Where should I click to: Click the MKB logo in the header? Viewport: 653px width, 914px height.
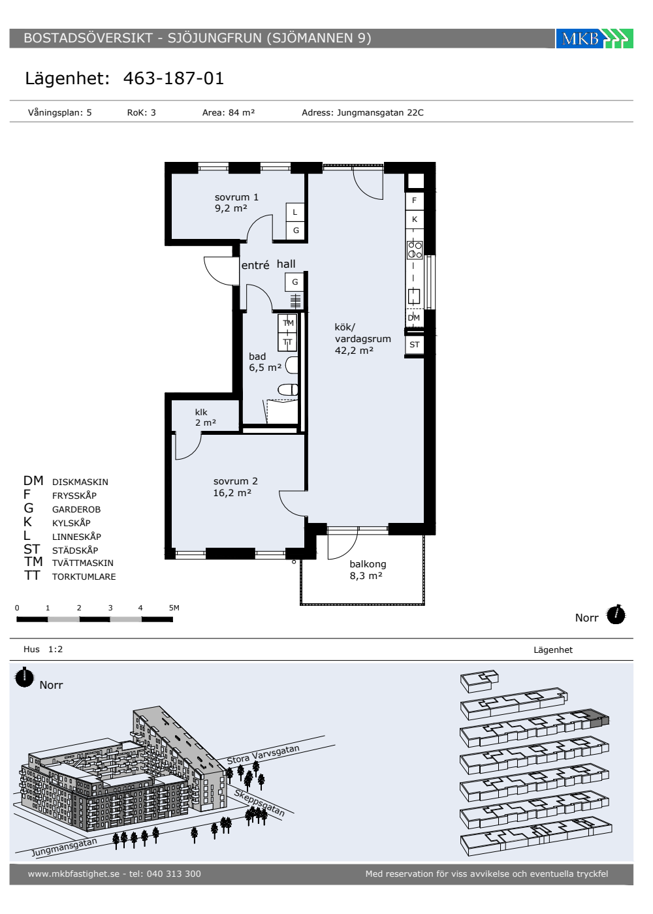click(594, 39)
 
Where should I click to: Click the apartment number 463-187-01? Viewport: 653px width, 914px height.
click(174, 78)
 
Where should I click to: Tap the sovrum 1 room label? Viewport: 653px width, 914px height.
click(236, 197)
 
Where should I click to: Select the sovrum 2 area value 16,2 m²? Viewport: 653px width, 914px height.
click(232, 493)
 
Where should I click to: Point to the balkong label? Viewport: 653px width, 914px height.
click(368, 564)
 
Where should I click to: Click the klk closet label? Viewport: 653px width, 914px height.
click(201, 412)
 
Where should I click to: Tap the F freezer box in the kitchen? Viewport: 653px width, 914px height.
click(414, 200)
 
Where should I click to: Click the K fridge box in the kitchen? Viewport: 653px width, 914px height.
click(414, 219)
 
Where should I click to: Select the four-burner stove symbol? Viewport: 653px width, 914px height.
click(415, 249)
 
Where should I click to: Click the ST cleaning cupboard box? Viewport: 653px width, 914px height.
click(414, 345)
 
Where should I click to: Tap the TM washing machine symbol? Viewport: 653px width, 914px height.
click(288, 323)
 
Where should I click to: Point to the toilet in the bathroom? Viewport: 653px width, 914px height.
click(288, 390)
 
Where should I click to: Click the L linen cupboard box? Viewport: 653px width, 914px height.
click(295, 212)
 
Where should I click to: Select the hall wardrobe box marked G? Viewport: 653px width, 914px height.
click(295, 282)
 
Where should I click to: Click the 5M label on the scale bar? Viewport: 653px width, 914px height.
click(174, 608)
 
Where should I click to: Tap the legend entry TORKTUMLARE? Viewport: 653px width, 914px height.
click(84, 577)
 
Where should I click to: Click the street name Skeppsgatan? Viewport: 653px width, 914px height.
click(260, 804)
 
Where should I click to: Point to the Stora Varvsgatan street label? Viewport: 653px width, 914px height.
click(263, 755)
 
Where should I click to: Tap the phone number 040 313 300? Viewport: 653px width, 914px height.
click(174, 874)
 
